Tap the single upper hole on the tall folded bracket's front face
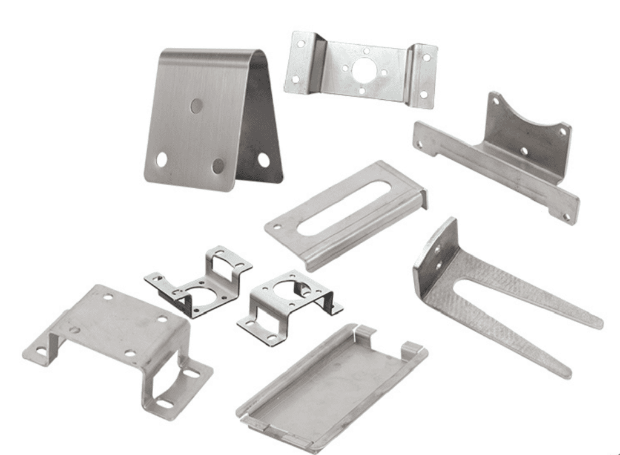pos(197,105)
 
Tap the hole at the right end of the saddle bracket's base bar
pos(567,216)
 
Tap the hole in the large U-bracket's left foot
pos(41,351)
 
